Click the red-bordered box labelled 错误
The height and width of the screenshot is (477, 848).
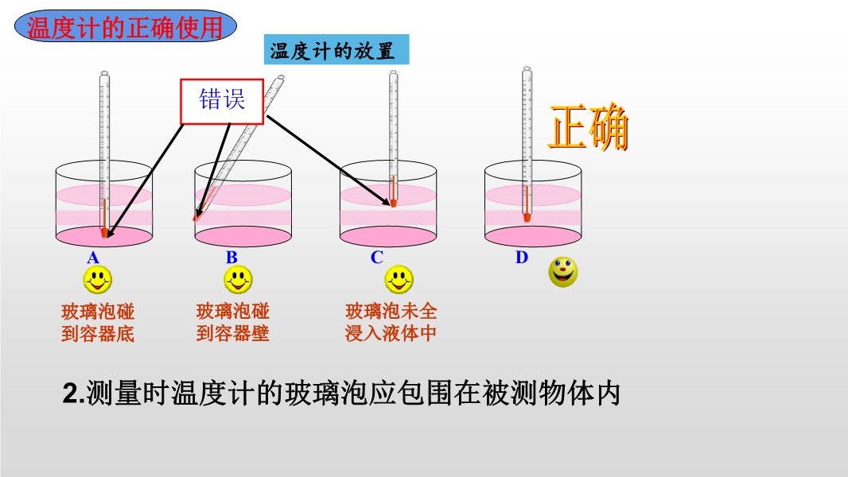(222, 102)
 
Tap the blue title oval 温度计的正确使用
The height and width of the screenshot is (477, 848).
(126, 27)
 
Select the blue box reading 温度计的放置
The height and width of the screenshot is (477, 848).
(336, 50)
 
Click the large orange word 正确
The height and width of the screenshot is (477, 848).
(588, 127)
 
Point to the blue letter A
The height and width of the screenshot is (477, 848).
(93, 258)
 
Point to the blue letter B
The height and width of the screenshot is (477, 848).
(231, 258)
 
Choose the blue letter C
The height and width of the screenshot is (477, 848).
(376, 258)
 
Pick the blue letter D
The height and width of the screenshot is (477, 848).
(521, 257)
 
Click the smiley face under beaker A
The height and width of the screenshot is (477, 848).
(98, 280)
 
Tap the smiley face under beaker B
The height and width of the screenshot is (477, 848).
(238, 280)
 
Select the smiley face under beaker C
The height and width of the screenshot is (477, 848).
(399, 280)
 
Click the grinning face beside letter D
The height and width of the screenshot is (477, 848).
(563, 272)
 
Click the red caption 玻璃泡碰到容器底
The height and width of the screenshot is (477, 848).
(98, 323)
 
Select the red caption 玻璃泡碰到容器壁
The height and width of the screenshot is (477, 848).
(232, 323)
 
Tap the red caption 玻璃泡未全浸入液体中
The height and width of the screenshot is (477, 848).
(391, 323)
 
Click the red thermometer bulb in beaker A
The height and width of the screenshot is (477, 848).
(104, 232)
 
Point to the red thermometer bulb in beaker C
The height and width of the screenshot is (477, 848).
(393, 203)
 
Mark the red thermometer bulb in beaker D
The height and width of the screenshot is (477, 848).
(527, 217)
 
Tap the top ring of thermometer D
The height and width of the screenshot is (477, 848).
(527, 68)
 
